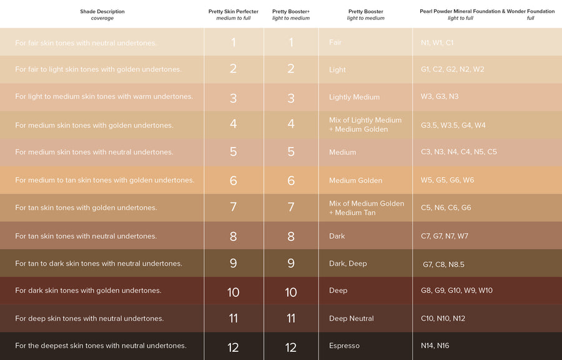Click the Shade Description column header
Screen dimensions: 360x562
click(x=102, y=11)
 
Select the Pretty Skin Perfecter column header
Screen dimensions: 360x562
click(x=233, y=11)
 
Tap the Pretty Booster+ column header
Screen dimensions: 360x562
click(x=291, y=11)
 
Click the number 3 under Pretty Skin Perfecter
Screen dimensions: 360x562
click(x=233, y=98)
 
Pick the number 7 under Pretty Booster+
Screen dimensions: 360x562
click(x=291, y=207)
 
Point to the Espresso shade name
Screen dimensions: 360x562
click(x=344, y=346)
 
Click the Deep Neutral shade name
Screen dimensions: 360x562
click(x=352, y=318)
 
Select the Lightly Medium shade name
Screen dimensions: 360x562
click(x=354, y=97)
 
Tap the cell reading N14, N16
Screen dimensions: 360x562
click(x=435, y=346)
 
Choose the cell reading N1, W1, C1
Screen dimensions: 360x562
click(x=437, y=42)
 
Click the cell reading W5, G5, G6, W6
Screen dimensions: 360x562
click(x=447, y=180)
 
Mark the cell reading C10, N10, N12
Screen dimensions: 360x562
click(x=443, y=318)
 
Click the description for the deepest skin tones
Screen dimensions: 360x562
click(x=101, y=346)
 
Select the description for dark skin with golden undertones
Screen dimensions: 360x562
click(x=88, y=291)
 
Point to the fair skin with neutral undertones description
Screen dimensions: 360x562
click(x=86, y=43)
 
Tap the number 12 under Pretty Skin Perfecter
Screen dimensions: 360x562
click(x=233, y=347)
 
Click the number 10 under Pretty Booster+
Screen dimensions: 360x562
click(x=291, y=292)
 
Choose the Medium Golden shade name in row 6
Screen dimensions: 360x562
click(x=356, y=181)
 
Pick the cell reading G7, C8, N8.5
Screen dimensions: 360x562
click(x=443, y=264)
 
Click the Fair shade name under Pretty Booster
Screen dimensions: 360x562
click(x=335, y=42)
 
